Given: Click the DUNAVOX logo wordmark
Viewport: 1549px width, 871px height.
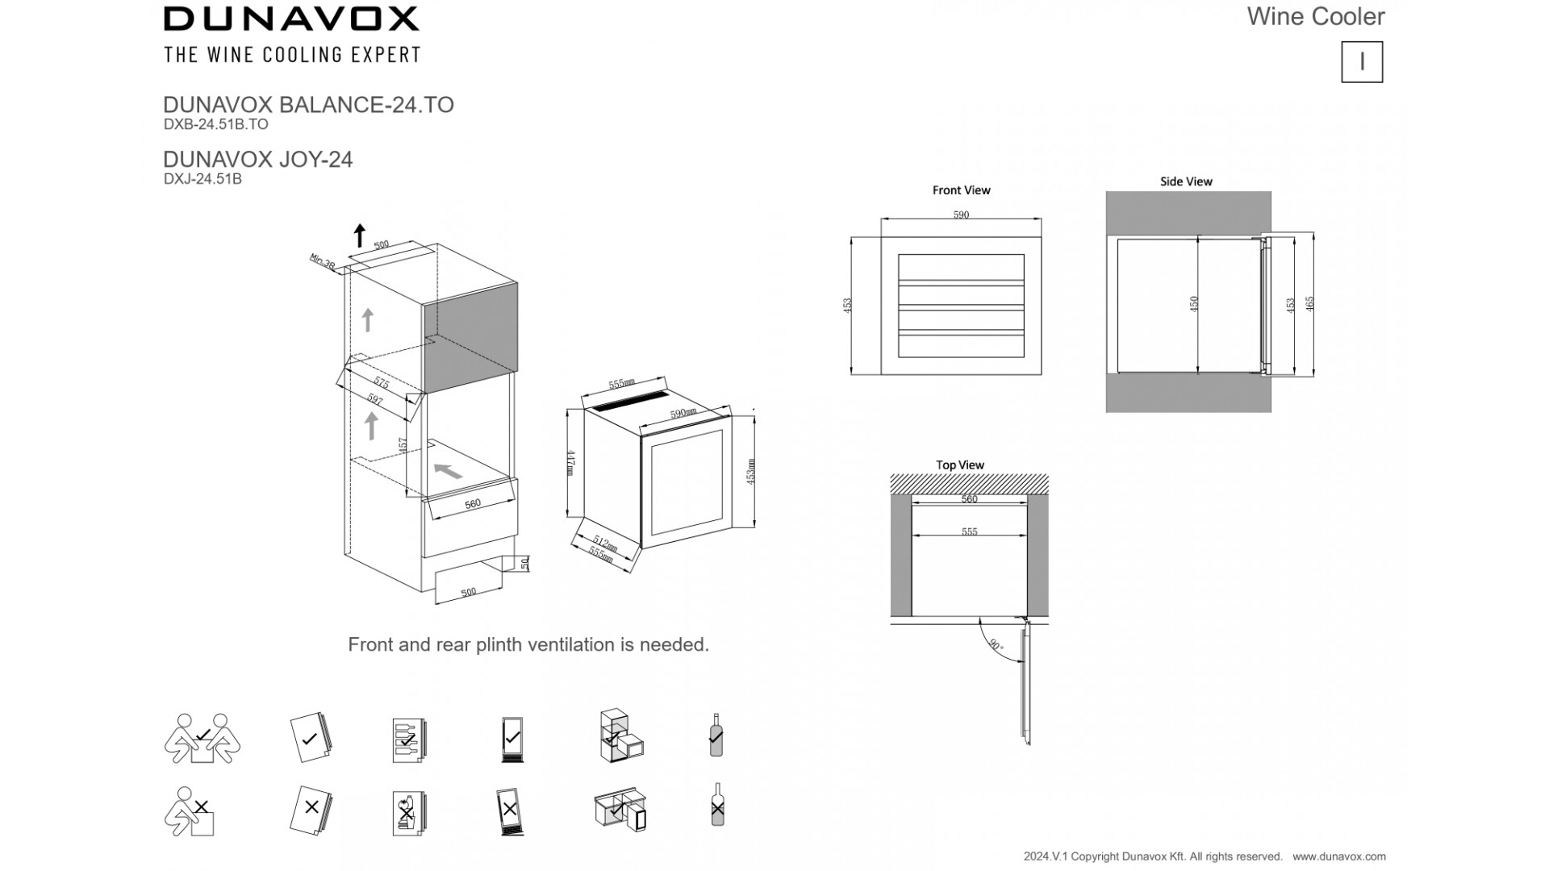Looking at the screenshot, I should click(291, 19).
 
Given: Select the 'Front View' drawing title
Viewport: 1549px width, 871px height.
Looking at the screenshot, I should click(961, 190).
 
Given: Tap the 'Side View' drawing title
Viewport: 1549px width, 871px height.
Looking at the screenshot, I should click(1186, 181).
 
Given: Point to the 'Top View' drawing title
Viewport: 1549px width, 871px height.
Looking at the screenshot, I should click(960, 465).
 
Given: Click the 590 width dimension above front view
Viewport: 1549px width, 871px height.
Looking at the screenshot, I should click(961, 215).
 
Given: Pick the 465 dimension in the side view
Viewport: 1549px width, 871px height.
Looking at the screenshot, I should click(1310, 303).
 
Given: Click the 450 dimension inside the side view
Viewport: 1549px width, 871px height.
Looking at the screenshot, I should click(1194, 303).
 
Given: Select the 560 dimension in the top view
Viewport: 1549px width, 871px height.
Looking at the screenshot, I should click(969, 499).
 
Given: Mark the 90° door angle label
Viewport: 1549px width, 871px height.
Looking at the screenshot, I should click(996, 646).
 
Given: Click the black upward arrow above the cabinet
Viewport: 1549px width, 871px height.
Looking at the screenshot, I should click(360, 235).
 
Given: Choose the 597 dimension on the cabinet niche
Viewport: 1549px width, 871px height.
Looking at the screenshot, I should click(375, 398).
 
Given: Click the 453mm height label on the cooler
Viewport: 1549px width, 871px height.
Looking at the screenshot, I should click(750, 472).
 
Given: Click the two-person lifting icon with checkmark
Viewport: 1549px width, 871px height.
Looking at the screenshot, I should click(202, 737).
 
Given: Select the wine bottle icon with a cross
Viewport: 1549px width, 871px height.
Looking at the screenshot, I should click(716, 806).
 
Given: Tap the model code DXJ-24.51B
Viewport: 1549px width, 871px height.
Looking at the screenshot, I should click(202, 179).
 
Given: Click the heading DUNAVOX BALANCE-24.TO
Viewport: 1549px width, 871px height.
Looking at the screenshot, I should click(308, 105).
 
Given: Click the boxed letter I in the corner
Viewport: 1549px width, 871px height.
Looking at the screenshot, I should click(1362, 62).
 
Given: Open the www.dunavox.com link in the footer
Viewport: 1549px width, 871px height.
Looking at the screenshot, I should click(1339, 856).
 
